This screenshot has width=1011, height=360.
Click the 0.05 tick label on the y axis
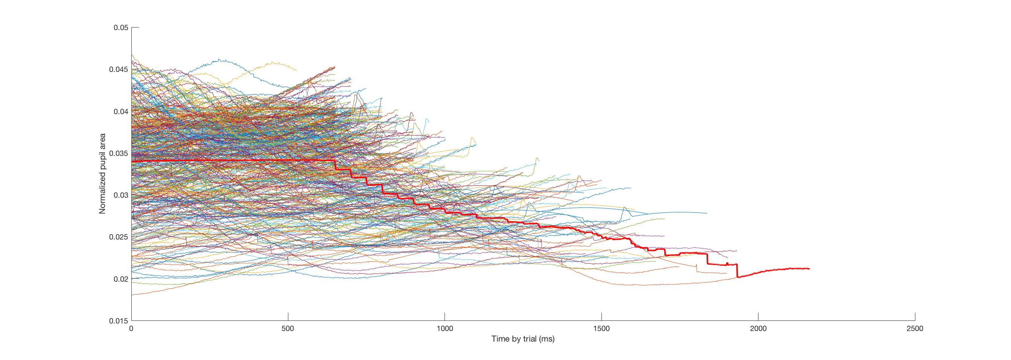120,27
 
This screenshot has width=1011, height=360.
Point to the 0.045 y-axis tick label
119,70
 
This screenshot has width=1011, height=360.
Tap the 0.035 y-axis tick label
119,153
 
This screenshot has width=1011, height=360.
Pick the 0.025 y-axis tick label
119,237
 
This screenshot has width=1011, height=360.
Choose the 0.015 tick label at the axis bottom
119,321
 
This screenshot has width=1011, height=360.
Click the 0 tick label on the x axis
131,329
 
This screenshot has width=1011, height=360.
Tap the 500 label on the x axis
288,329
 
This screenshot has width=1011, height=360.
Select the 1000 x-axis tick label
445,329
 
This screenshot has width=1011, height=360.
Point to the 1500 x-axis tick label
601,329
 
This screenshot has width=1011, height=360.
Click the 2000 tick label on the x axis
758,329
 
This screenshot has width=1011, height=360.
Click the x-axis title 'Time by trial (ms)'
523,339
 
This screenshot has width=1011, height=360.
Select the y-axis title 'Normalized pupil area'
102,174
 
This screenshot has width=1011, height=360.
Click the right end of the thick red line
809,268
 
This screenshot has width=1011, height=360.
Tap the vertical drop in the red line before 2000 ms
737,271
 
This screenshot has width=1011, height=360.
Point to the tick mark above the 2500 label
915,316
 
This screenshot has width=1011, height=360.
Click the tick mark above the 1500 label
601,316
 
